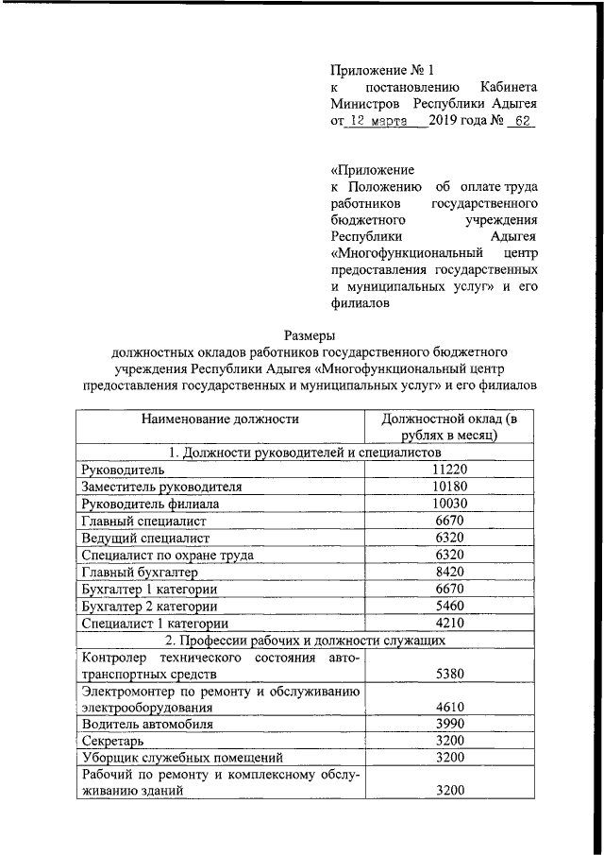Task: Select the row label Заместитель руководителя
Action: pyautogui.click(x=162, y=487)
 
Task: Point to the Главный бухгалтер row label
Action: pyautogui.click(x=141, y=572)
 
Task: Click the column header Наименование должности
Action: pyautogui.click(x=221, y=419)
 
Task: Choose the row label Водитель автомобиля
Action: pyautogui.click(x=147, y=725)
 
